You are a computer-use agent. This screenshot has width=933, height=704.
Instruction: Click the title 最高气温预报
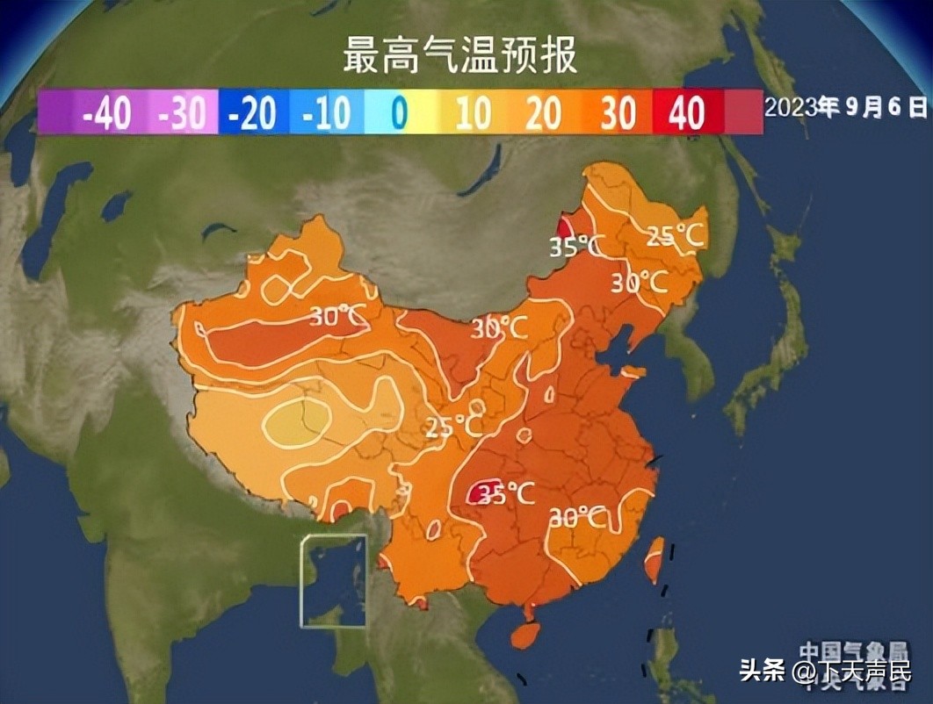point(459,55)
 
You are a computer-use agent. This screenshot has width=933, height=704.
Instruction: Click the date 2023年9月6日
point(845,107)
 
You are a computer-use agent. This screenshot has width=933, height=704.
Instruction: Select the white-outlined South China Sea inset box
point(334,580)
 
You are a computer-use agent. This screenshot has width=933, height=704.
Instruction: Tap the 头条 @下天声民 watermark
point(825,672)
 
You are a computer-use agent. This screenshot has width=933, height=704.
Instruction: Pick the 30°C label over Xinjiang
point(339,316)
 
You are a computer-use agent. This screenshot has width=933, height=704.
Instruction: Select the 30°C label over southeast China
point(577,518)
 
